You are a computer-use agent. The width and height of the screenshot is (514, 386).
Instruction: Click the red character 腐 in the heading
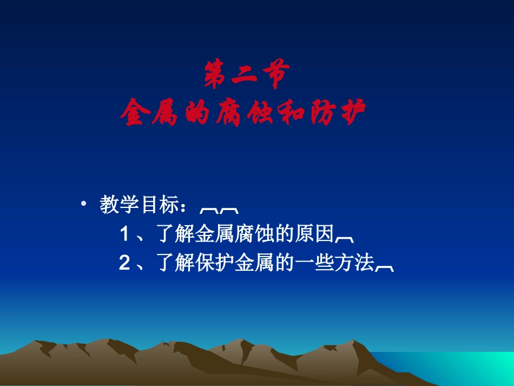pos(226,113)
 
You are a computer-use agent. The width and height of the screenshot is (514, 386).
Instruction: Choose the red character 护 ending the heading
pos(352,113)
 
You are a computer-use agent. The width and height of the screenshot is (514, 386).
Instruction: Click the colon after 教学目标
pos(186,207)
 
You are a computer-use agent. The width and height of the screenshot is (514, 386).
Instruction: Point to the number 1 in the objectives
pos(124,234)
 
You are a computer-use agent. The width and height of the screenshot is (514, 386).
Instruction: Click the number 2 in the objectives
pos(124,263)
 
